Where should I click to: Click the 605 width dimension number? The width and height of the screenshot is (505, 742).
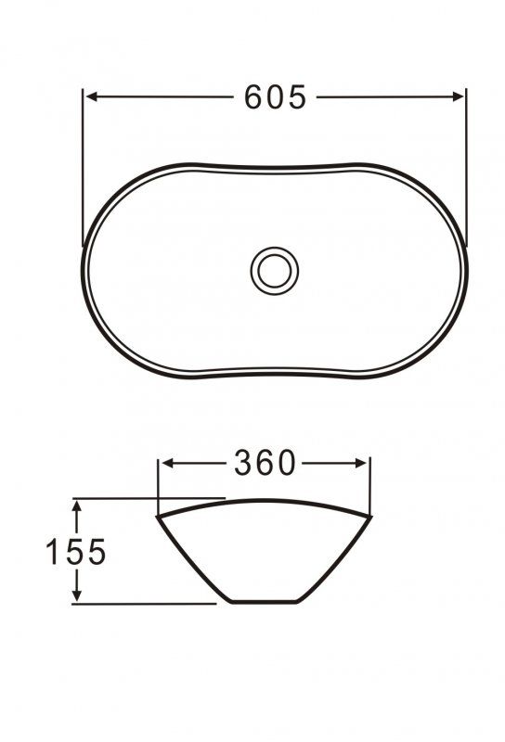pyautogui.click(x=275, y=96)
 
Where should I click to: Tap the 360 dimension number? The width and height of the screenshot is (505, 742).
pyautogui.click(x=264, y=463)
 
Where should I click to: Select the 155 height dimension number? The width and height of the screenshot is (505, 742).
pyautogui.click(x=77, y=552)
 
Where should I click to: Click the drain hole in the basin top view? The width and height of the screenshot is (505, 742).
pyautogui.click(x=275, y=270)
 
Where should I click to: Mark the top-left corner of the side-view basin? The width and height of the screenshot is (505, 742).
pyautogui.click(x=158, y=515)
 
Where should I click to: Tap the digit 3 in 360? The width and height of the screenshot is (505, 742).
pyautogui.click(x=243, y=463)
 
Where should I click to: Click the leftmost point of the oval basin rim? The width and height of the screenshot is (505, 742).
pyautogui.click(x=84, y=270)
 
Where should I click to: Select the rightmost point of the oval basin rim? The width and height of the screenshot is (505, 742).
pyautogui.click(x=466, y=270)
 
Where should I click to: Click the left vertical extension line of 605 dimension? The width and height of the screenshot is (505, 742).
pyautogui.click(x=84, y=167)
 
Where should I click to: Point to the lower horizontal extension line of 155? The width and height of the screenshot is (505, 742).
pyautogui.click(x=149, y=604)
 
